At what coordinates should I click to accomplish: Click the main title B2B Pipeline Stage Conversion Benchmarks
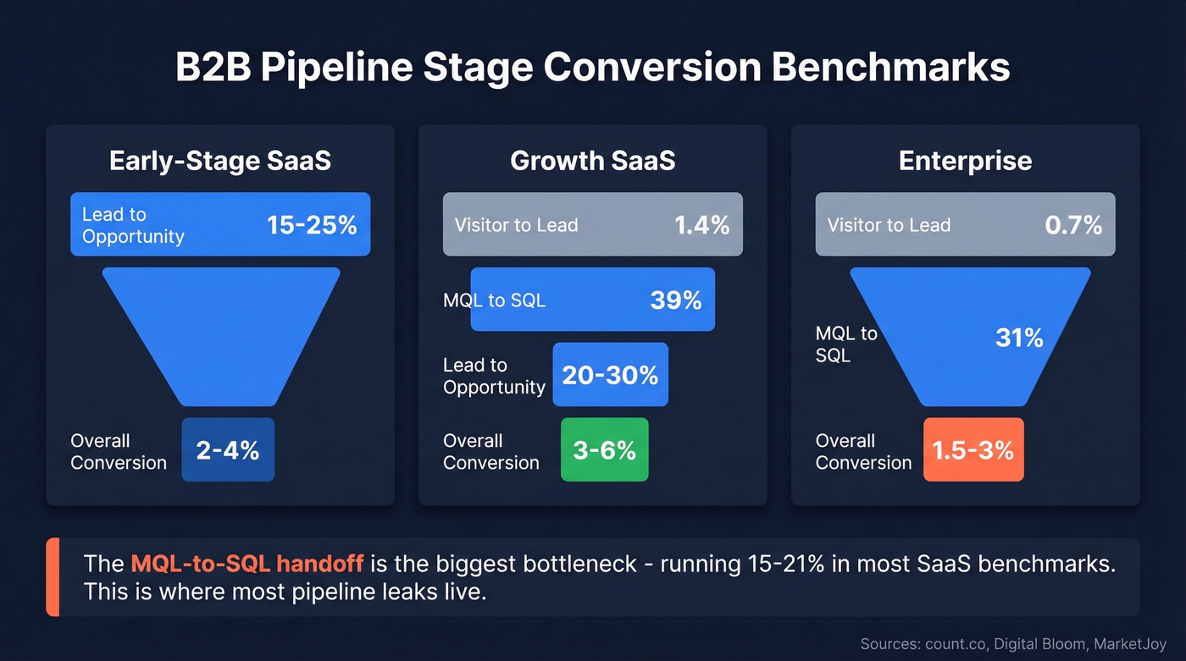point(592,68)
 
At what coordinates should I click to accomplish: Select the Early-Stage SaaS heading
point(220,161)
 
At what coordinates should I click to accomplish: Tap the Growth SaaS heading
point(592,161)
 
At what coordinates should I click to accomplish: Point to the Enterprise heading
point(965,161)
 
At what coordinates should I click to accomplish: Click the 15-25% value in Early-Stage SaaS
point(312,225)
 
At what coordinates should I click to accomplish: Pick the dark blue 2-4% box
point(228,450)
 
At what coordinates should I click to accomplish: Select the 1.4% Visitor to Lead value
point(701,225)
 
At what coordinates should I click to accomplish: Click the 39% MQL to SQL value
point(676,300)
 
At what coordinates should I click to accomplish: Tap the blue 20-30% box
point(610,376)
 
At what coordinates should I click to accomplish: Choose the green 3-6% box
point(604,450)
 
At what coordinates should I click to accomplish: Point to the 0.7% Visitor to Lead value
point(1074,225)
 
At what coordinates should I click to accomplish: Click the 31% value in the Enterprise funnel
point(1019,339)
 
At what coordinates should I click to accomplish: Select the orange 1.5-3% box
point(973,450)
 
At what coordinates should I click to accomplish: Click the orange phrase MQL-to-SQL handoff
point(247,564)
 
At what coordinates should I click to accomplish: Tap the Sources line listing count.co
point(1013,643)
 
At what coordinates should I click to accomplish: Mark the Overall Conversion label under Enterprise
point(863,452)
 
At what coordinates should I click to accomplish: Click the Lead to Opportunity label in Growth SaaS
point(494,377)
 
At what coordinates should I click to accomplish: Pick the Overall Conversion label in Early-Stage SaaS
point(119,452)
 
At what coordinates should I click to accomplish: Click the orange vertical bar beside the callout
point(52,577)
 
